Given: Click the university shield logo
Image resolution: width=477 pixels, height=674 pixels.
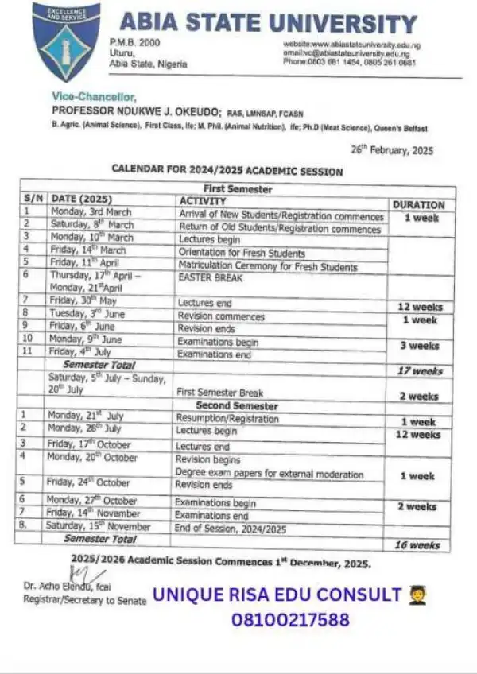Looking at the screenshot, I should click(66, 42).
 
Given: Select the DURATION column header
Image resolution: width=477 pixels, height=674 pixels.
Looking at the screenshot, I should click(418, 204).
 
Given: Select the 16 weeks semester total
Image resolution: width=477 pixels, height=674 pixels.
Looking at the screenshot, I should click(412, 545).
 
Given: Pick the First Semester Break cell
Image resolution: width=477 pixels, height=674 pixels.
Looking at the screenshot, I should click(219, 393).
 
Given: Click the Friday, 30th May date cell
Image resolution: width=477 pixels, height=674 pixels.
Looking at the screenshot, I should click(85, 302).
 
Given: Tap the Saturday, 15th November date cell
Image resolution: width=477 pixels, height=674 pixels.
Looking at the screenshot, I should click(99, 526).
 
